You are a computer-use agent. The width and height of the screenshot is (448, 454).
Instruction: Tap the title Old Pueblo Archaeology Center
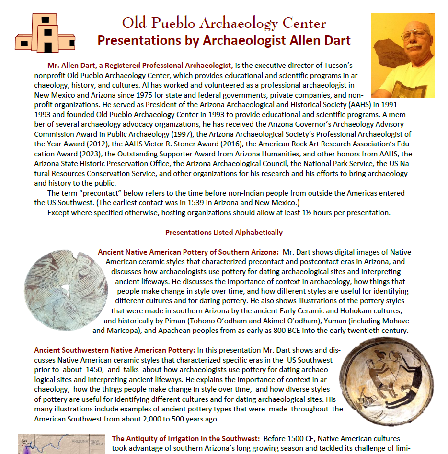224,22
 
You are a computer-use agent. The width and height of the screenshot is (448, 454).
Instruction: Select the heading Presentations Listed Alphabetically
224,233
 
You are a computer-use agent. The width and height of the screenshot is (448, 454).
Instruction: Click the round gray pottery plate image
58,289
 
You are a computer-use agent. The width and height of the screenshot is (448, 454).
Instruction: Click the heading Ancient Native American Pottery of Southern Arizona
188,252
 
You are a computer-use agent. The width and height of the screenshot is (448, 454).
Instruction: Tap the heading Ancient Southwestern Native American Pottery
115,351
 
